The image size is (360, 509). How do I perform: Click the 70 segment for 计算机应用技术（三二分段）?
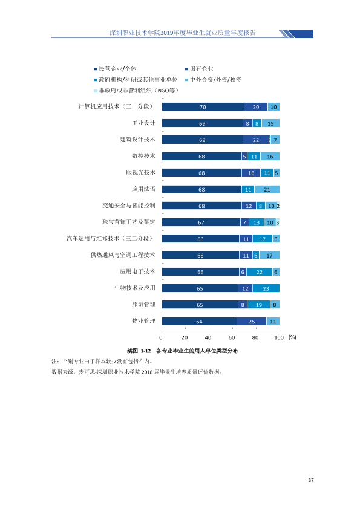coord(203,107)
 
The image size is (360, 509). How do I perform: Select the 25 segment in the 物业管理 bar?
coord(252,321)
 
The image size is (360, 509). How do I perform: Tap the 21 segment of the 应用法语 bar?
coord(267,189)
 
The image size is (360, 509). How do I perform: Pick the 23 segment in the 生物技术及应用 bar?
coord(266,288)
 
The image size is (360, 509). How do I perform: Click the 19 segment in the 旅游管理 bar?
coord(258,305)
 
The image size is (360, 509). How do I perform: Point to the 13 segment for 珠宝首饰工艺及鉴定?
coord(257,222)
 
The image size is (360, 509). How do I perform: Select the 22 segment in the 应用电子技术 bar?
coord(260,271)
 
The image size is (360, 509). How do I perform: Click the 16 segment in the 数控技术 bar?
coord(270,157)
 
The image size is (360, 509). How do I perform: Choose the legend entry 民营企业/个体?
coord(116,68)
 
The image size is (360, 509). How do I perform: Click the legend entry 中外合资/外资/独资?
coord(213,80)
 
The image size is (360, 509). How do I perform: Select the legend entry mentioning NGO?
coord(136,91)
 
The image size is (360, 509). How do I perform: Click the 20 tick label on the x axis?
coord(185,337)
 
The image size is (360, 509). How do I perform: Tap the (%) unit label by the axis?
coord(292,337)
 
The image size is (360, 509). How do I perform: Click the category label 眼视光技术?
coord(141,172)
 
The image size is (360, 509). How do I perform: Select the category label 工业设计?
coord(143,123)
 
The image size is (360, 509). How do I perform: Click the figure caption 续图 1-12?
coord(139,351)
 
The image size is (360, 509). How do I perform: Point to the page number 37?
coord(311,480)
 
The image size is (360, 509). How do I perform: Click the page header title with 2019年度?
coord(183,33)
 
